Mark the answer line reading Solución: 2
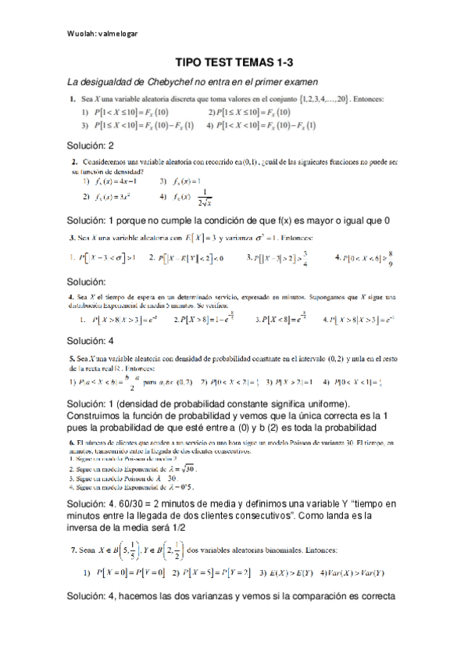[91, 145]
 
